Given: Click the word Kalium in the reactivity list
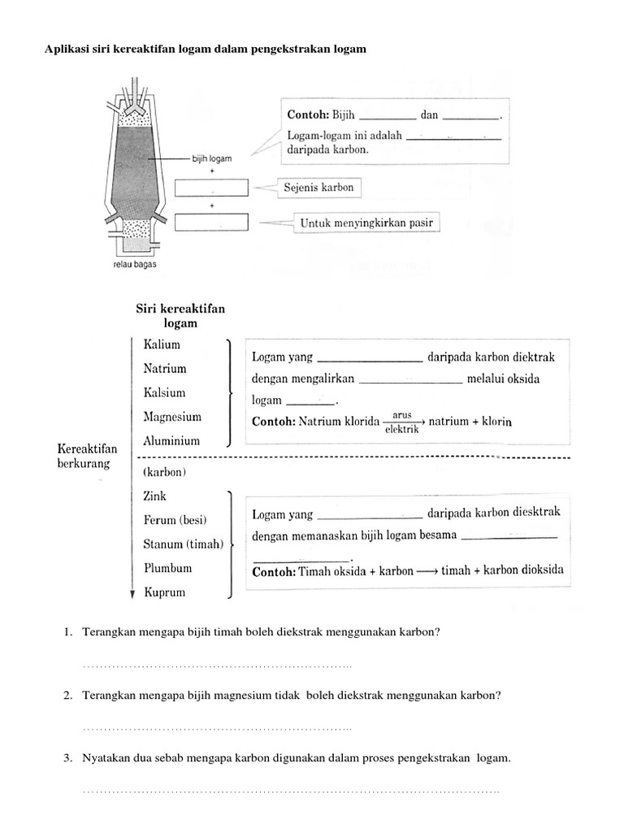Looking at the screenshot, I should (162, 344).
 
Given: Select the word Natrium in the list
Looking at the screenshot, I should (164, 368).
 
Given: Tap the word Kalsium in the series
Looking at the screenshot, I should (164, 392).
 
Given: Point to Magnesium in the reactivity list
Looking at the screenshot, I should (171, 417).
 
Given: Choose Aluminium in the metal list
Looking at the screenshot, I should (171, 441).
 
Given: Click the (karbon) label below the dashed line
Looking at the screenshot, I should (164, 471).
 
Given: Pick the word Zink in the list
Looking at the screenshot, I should (154, 496).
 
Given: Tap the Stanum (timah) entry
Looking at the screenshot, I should (183, 544).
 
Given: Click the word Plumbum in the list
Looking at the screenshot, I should (167, 568).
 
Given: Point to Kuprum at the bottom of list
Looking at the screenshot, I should (164, 592).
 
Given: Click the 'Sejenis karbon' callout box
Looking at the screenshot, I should (318, 188).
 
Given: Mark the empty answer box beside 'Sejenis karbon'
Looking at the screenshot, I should (211, 188).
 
